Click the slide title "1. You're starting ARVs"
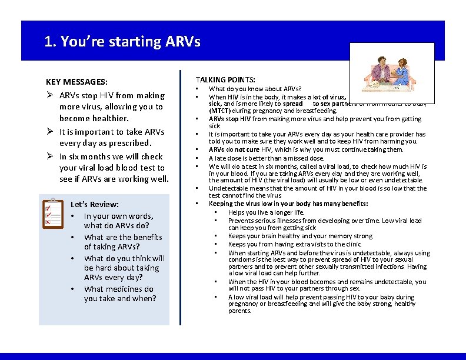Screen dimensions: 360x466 pos(122,42)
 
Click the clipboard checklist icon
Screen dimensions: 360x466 pos(54,214)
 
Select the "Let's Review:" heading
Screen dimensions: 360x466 pos(95,205)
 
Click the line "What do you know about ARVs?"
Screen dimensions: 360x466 pos(255,89)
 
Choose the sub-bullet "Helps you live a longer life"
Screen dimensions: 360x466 pos(266,212)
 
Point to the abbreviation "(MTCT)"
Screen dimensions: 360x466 pos(220,111)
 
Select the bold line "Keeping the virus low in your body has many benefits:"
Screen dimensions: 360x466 pos(288,204)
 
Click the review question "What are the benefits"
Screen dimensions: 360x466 pos(123,237)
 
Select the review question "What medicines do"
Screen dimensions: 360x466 pos(118,289)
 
